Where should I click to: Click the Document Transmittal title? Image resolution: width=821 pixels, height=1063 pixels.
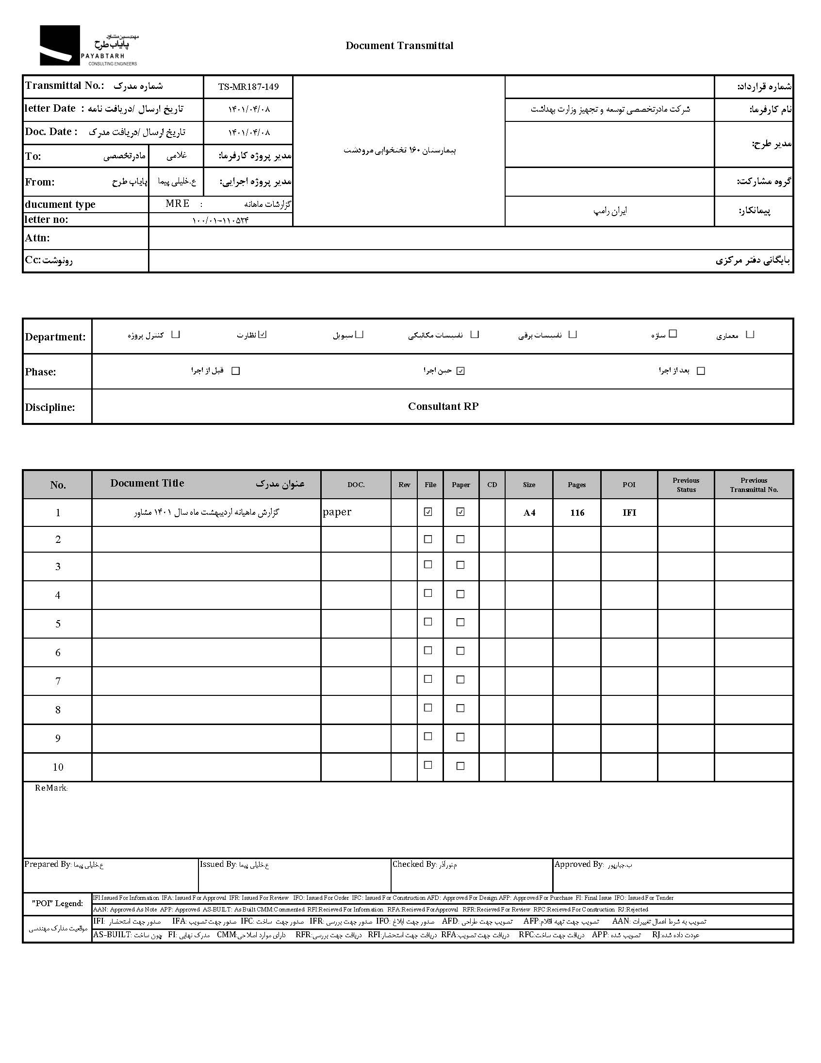399,46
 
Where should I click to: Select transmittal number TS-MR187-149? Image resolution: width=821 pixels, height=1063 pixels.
248,87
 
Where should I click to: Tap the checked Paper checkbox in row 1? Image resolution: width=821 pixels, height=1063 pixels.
460,511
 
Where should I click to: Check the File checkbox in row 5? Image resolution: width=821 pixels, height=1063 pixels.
428,622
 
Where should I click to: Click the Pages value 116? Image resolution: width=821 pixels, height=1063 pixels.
577,512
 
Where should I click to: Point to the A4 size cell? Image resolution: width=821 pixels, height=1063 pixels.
529,512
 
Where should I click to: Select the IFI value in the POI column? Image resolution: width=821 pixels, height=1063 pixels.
629,512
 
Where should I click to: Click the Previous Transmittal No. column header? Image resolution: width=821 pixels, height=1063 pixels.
754,485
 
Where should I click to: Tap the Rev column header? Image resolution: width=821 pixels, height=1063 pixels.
404,485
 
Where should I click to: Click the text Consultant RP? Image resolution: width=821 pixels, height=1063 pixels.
443,406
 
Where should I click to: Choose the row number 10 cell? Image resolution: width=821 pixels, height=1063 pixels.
58,767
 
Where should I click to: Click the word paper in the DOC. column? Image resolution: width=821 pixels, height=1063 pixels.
337,512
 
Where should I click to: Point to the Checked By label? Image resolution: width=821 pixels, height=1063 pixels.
414,864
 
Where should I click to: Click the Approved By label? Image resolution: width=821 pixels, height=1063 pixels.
578,864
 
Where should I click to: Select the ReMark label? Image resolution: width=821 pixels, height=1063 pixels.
51,788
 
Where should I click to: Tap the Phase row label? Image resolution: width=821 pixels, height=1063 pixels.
40,372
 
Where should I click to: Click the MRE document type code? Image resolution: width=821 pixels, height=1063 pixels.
178,203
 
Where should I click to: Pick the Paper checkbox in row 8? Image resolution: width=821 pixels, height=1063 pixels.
460,708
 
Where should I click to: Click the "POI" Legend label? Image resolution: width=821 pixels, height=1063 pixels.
57,903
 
